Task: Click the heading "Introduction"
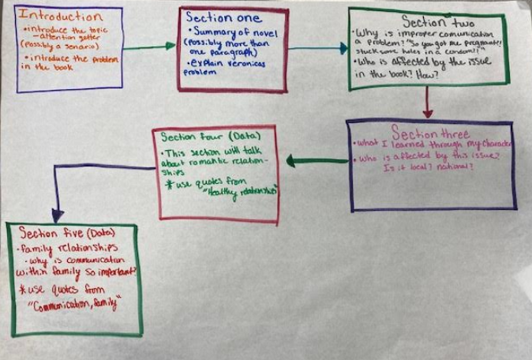tap(59, 16)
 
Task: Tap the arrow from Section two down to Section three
tap(427, 103)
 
